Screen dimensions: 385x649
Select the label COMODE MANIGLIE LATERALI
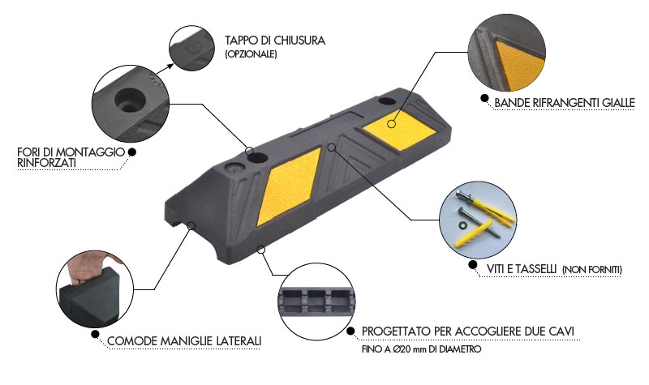(x=184, y=340)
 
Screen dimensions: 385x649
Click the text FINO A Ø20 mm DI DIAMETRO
(x=422, y=349)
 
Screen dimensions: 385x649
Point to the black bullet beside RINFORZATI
(x=132, y=151)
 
